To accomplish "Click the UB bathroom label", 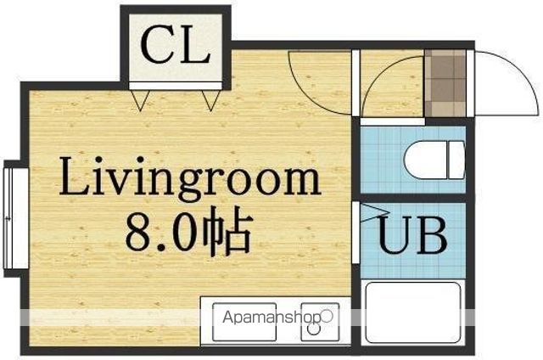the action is tap(412, 235).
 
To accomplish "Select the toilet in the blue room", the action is tap(434, 160).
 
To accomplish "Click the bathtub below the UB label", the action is tap(413, 312).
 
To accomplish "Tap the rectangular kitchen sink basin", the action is tap(244, 322).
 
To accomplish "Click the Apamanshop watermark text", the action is tap(272, 317).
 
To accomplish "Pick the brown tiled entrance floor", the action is tap(445, 83).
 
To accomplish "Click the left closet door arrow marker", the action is tap(140, 100).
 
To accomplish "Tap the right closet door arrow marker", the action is tap(211, 100).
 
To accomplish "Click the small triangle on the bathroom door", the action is tap(372, 212).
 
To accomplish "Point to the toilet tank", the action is tap(456, 160).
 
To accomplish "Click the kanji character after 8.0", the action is tap(227, 231).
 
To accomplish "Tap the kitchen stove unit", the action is tap(320, 322).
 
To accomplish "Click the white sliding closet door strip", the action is tap(176, 86).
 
